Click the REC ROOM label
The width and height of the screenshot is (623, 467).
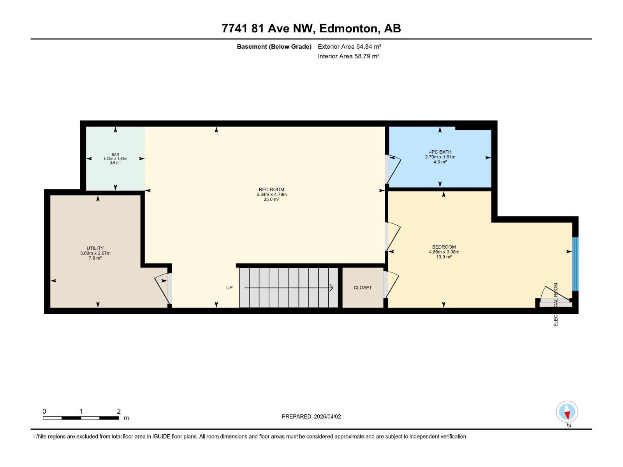click(271, 190)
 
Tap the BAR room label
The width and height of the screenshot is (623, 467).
click(115, 154)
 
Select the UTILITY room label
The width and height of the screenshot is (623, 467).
click(95, 248)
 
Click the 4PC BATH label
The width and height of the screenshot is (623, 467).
click(440, 152)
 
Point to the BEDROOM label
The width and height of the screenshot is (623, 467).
click(444, 247)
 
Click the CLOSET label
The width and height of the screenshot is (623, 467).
click(363, 288)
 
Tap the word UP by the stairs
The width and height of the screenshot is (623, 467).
click(229, 288)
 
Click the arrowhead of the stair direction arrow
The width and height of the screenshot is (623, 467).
click(331, 288)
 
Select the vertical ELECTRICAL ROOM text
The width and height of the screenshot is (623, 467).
click(556, 304)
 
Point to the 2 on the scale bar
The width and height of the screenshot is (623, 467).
click(119, 411)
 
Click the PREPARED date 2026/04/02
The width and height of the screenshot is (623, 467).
click(327, 416)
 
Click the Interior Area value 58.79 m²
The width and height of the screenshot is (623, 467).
click(366, 56)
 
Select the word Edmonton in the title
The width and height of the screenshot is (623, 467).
click(349, 28)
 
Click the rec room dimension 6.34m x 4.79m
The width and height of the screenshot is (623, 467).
click(271, 195)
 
